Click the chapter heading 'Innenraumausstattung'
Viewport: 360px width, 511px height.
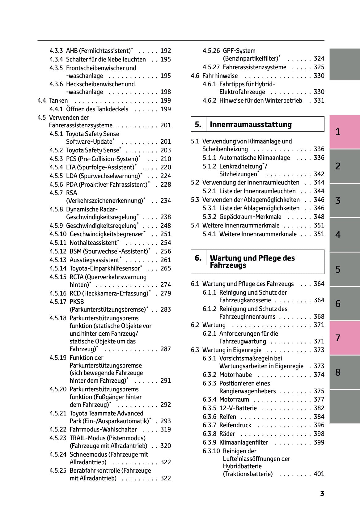pyautogui.click(x=251, y=125)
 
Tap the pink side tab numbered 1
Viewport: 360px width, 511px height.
pyautogui.click(x=344, y=132)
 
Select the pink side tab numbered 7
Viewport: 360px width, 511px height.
pyautogui.click(x=344, y=338)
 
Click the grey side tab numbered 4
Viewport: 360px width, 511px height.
pyautogui.click(x=344, y=235)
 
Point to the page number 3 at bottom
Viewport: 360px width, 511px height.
pyautogui.click(x=322, y=493)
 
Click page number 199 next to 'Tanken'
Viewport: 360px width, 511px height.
pyautogui.click(x=166, y=100)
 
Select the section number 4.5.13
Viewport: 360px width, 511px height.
pyautogui.click(x=58, y=260)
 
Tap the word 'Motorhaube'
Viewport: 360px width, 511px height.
pyautogui.click(x=235, y=375)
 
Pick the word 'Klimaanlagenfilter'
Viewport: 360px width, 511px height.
pyautogui.click(x=244, y=442)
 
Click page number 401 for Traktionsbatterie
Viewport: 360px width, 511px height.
pyautogui.click(x=319, y=474)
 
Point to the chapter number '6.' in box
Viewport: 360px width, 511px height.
pyautogui.click(x=198, y=258)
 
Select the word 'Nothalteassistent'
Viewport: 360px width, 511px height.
pyautogui.click(x=93, y=243)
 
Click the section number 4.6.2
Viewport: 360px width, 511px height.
pyautogui.click(x=210, y=100)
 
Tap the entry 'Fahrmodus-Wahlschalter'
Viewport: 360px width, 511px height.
pyautogui.click(x=103, y=429)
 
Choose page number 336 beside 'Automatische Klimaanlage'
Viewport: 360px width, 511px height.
pyautogui.click(x=319, y=158)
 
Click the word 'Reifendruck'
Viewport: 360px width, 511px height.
pyautogui.click(x=235, y=425)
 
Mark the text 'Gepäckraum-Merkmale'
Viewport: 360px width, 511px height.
pyautogui.click(x=250, y=217)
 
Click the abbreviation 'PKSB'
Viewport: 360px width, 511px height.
pyautogui.click(x=77, y=302)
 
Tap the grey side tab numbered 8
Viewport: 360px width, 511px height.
pyautogui.click(x=344, y=372)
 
